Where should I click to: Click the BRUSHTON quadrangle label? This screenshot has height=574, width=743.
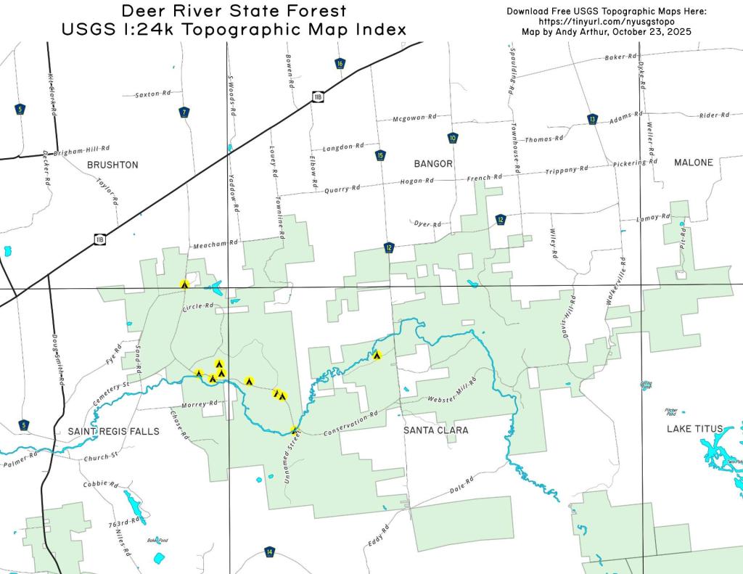(112, 165)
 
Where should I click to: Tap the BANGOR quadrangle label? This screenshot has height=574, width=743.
(433, 163)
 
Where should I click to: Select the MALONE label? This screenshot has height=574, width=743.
(693, 163)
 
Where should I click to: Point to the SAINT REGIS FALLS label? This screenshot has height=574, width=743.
(113, 431)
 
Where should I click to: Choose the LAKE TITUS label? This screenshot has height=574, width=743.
(694, 429)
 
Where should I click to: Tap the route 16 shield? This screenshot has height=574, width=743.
(340, 63)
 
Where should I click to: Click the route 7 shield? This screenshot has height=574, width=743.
(184, 112)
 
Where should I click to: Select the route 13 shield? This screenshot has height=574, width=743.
(593, 119)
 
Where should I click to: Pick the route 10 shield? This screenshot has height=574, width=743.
(453, 138)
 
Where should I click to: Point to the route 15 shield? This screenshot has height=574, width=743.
(380, 155)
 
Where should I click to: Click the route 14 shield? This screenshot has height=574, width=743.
(270, 552)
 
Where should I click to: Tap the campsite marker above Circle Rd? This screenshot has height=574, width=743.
(185, 284)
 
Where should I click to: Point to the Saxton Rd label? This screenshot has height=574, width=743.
(153, 94)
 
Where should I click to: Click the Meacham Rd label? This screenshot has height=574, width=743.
(215, 246)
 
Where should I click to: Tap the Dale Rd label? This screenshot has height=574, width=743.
(461, 485)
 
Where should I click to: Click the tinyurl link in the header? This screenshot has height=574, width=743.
(606, 22)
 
